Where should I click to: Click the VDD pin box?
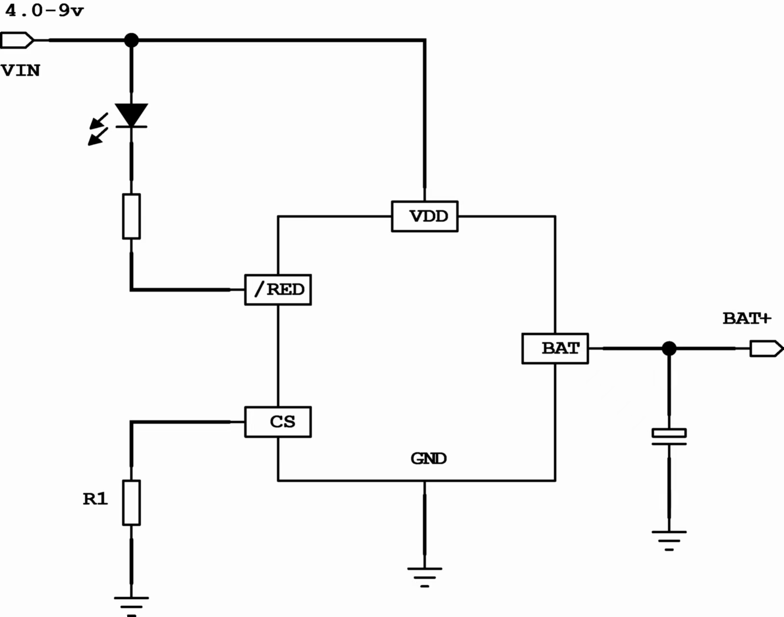point(425,216)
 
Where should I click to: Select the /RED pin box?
point(278,290)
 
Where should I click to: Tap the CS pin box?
point(278,422)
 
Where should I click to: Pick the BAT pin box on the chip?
point(555,349)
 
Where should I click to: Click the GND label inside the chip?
point(428,458)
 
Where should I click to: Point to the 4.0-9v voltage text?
point(44,11)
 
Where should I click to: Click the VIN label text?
point(21,71)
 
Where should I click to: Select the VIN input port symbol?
point(17,40)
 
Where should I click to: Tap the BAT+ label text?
point(747,319)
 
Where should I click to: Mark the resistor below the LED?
point(131,216)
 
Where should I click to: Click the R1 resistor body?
point(131,503)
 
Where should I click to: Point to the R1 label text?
point(95,499)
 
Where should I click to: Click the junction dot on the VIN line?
point(131,40)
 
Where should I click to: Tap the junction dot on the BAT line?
point(669,349)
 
